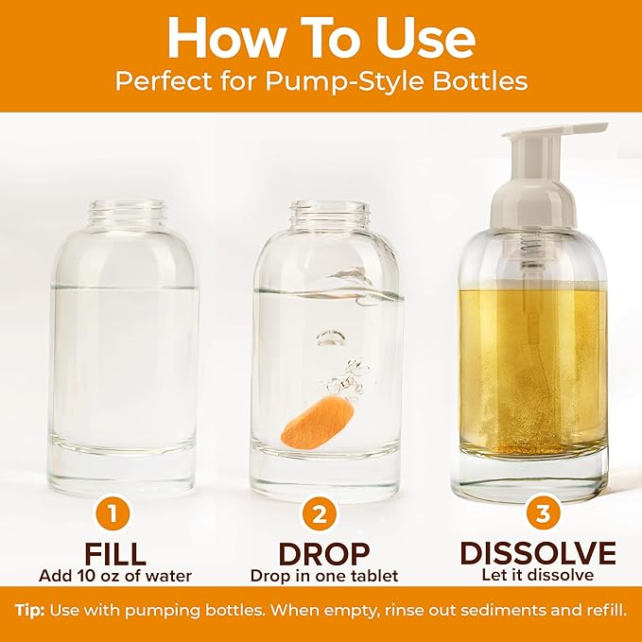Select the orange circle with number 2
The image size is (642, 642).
pos(321,515)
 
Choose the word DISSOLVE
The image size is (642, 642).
pos(537,553)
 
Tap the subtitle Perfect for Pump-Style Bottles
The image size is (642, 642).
pos(321,81)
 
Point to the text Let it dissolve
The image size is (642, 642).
pos(537,575)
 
